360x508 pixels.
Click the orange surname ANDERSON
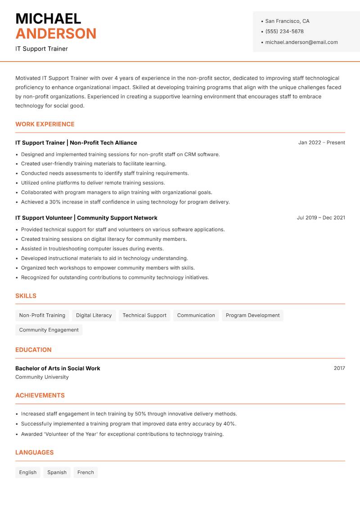(x=56, y=34)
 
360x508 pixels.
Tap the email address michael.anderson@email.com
(x=301, y=42)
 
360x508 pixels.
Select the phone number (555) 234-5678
(x=284, y=31)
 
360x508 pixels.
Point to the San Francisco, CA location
(x=287, y=21)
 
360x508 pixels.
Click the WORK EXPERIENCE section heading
(x=45, y=124)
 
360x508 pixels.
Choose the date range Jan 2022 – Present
(x=321, y=143)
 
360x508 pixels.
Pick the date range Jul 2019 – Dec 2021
(x=321, y=218)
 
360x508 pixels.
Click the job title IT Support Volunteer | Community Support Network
(x=86, y=218)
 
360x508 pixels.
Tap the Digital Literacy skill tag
(x=94, y=315)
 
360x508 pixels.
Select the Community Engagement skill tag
(x=49, y=330)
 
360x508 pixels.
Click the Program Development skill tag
(x=252, y=315)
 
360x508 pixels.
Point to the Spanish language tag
(x=57, y=472)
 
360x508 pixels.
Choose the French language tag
(x=85, y=472)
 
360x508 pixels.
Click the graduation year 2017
(x=339, y=368)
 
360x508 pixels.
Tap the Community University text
(x=42, y=377)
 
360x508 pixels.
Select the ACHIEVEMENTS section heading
(x=40, y=395)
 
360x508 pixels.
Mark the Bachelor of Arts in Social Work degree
(x=58, y=368)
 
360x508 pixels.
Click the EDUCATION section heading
(x=33, y=349)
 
